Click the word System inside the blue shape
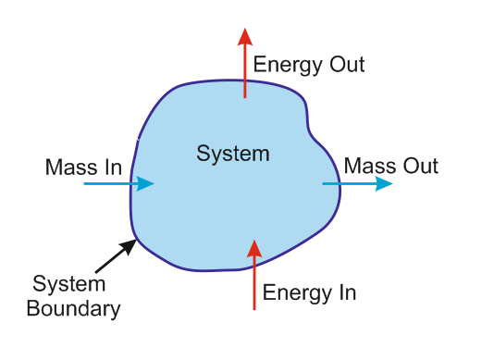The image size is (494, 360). [233, 154]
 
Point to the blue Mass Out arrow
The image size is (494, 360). [357, 183]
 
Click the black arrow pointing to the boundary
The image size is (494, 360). [116, 253]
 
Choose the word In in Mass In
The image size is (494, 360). [112, 168]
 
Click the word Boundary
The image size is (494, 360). [73, 309]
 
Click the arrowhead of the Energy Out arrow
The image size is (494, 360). [244, 36]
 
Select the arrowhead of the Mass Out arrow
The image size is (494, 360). [384, 183]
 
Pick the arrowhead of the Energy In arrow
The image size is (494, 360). [254, 248]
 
